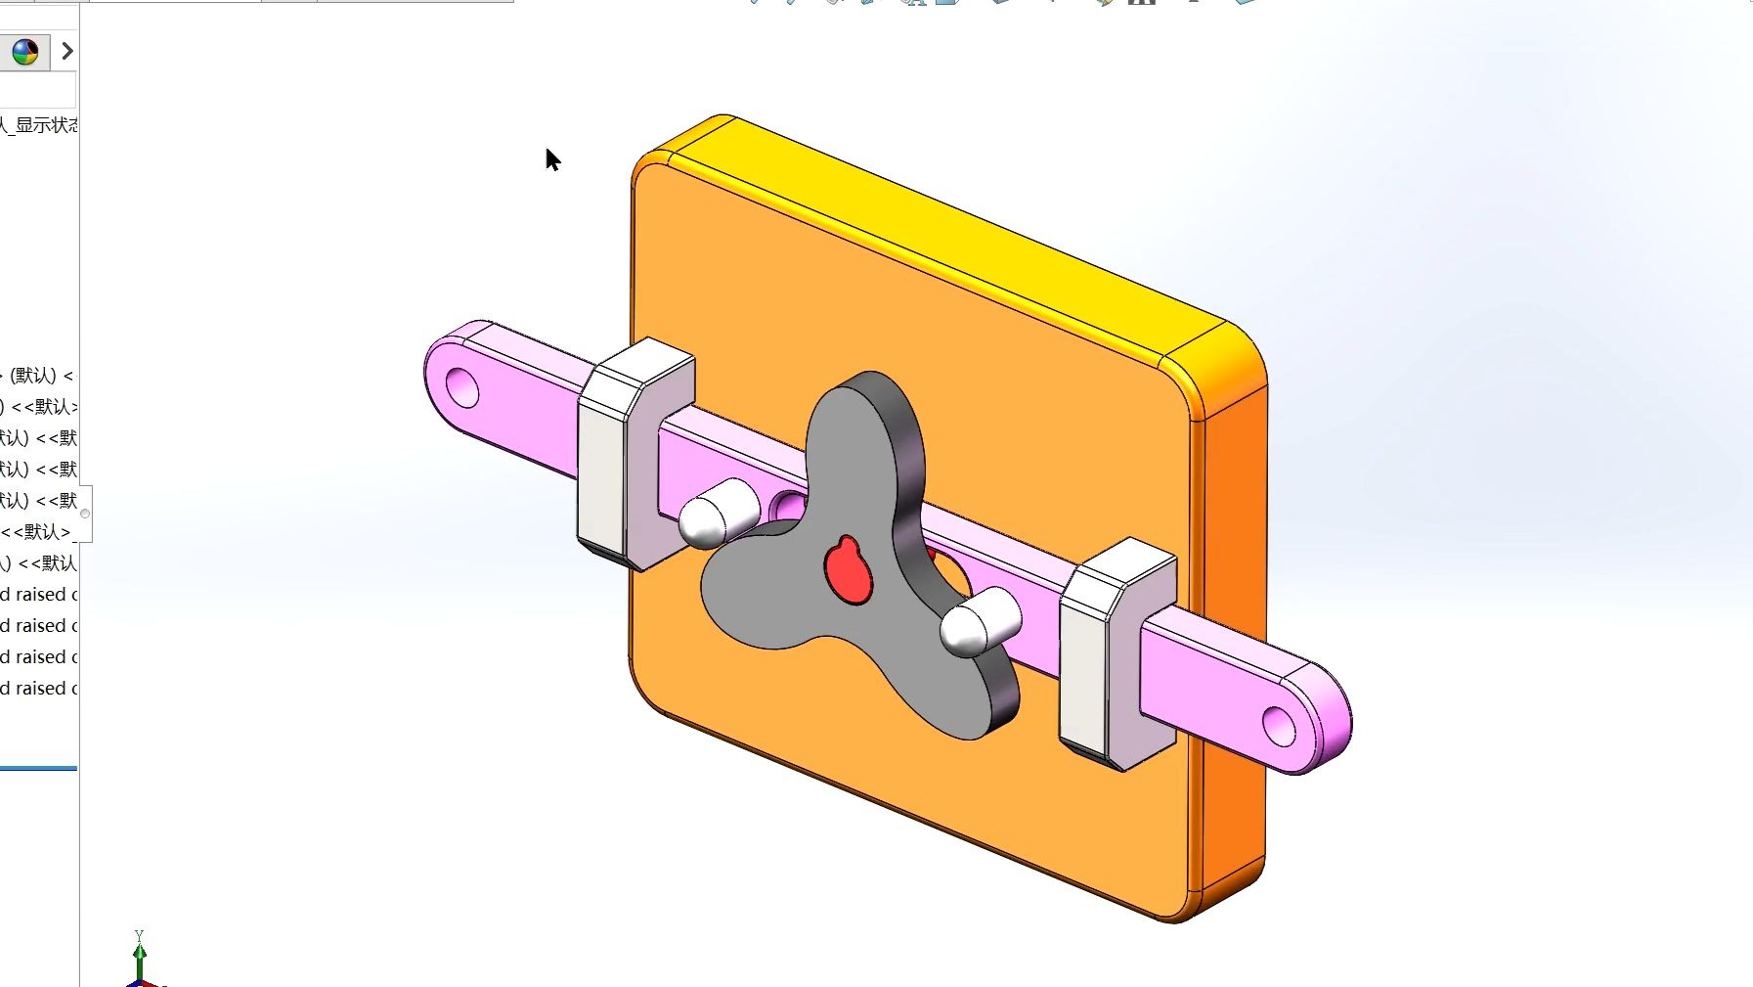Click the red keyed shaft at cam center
pyautogui.click(x=848, y=570)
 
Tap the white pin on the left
pyautogui.click(x=719, y=513)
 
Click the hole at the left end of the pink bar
pyautogui.click(x=461, y=388)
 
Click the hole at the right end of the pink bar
pyautogui.click(x=1278, y=726)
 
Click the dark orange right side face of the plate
pyautogui.click(x=1234, y=636)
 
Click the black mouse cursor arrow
pyautogui.click(x=552, y=159)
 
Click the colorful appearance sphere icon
pyautogui.click(x=24, y=51)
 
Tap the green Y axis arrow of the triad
pyautogui.click(x=139, y=951)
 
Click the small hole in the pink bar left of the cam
pyautogui.click(x=787, y=507)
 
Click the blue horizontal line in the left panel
pyautogui.click(x=38, y=769)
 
